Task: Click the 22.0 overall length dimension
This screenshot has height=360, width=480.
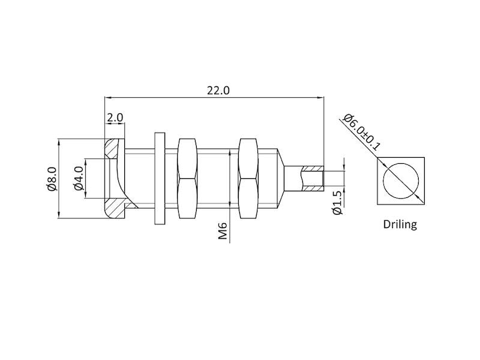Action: [218, 91]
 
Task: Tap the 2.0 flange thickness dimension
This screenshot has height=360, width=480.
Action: [115, 118]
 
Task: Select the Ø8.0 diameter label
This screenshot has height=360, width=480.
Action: [52, 179]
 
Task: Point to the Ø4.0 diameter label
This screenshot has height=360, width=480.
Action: [79, 178]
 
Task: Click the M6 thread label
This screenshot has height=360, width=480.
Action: [223, 231]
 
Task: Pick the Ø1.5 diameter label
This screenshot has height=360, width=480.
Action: [337, 203]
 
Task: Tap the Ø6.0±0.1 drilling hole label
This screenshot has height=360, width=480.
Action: [361, 132]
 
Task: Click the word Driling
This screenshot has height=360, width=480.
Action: [400, 224]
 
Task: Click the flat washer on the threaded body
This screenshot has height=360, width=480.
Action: [160, 178]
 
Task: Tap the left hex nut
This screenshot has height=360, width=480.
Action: [187, 178]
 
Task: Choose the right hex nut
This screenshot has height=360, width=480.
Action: [248, 178]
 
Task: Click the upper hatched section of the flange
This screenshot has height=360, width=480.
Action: [111, 149]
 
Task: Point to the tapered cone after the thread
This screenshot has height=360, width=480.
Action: [281, 178]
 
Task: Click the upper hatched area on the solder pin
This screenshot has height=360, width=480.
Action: [313, 169]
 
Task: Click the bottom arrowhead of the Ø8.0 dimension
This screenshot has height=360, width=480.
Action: [58, 215]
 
